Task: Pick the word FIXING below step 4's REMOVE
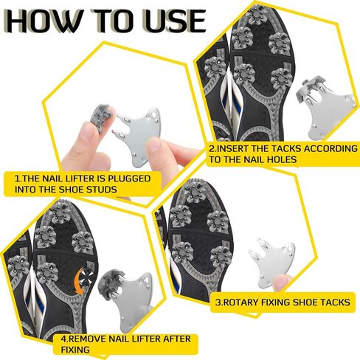[x=75, y=350]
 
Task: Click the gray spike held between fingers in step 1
[x=102, y=117]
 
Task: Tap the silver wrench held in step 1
[x=139, y=136]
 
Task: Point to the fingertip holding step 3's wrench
[x=282, y=283]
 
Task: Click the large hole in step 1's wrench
[x=153, y=115]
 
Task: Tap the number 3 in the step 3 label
[x=218, y=302]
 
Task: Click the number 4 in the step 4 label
[x=63, y=339]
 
